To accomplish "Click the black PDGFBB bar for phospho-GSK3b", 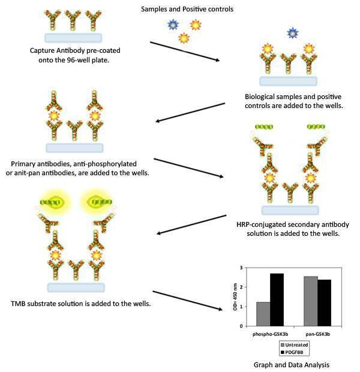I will (277, 299).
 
